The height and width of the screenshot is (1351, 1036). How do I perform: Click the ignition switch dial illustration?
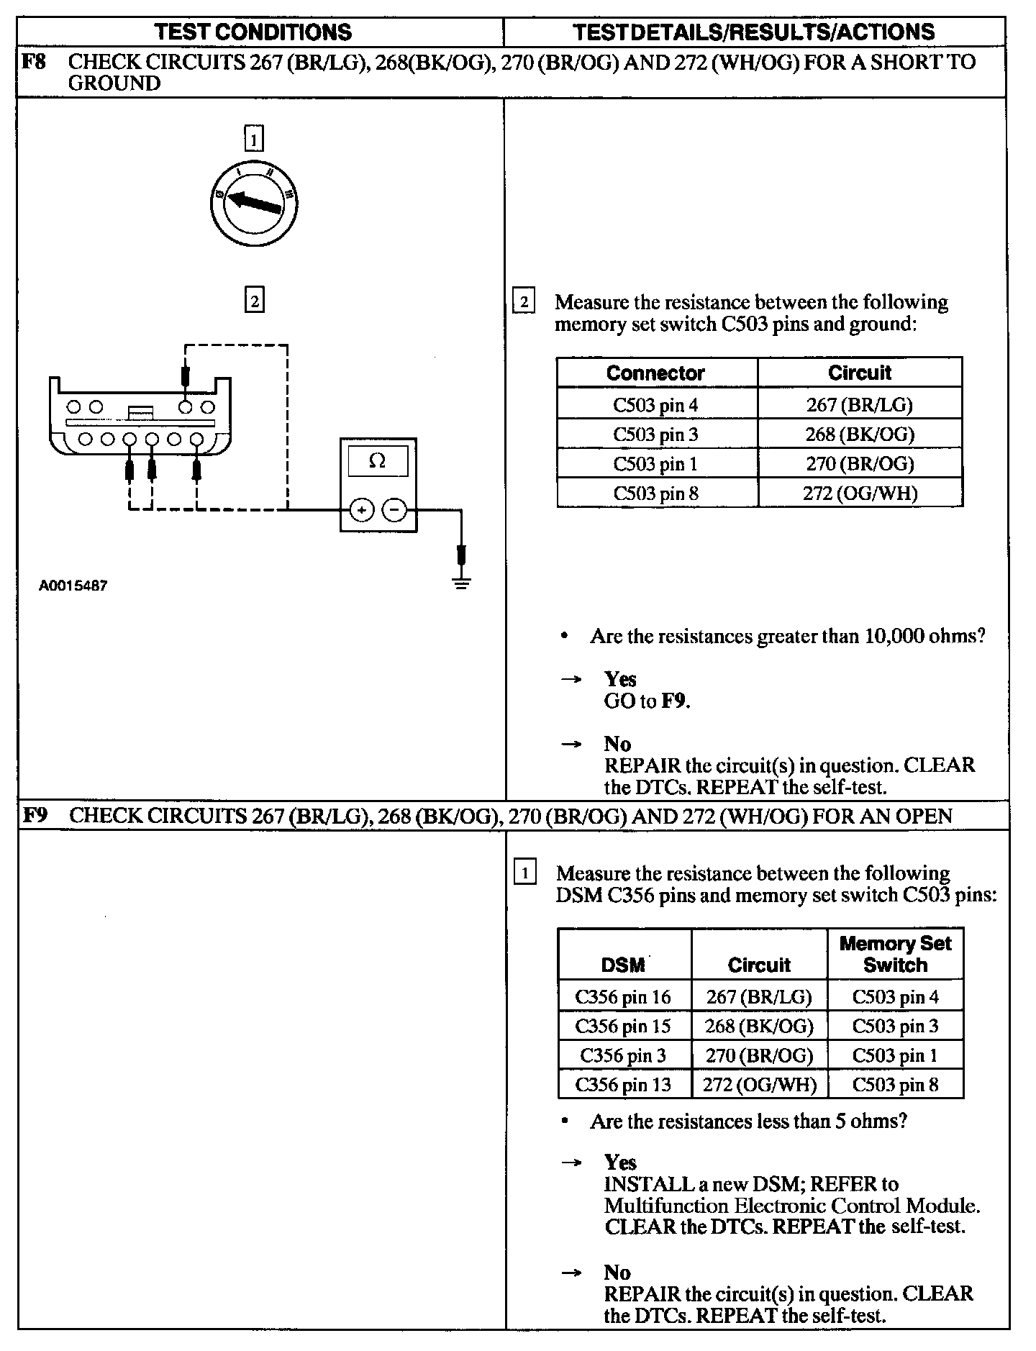[x=254, y=204]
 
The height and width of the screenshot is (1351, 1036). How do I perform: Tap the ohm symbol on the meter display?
[x=377, y=461]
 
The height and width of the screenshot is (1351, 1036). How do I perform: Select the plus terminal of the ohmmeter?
[x=361, y=510]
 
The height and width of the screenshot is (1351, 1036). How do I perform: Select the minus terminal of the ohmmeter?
[x=394, y=510]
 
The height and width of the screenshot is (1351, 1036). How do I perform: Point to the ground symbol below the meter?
[x=462, y=583]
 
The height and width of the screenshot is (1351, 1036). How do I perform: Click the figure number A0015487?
[x=73, y=586]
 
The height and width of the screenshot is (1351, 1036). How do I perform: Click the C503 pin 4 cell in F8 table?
[x=655, y=404]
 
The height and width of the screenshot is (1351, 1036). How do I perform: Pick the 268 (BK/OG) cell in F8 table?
[x=860, y=434]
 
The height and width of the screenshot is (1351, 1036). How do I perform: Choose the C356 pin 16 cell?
[x=623, y=996]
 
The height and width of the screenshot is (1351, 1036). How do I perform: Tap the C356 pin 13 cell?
[x=623, y=1084]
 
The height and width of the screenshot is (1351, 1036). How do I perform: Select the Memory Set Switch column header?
[x=895, y=954]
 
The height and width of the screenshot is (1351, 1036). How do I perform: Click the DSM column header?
[x=623, y=965]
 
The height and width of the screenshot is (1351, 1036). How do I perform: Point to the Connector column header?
[x=655, y=373]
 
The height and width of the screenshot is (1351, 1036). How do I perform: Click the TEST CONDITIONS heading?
[x=254, y=32]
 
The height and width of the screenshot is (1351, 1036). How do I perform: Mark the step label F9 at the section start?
[x=35, y=816]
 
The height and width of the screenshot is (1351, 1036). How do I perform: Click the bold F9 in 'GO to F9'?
[x=675, y=701]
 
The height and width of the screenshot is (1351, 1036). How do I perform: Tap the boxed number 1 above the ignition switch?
[x=254, y=138]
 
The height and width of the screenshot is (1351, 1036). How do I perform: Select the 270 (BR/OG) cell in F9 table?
[x=759, y=1055]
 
